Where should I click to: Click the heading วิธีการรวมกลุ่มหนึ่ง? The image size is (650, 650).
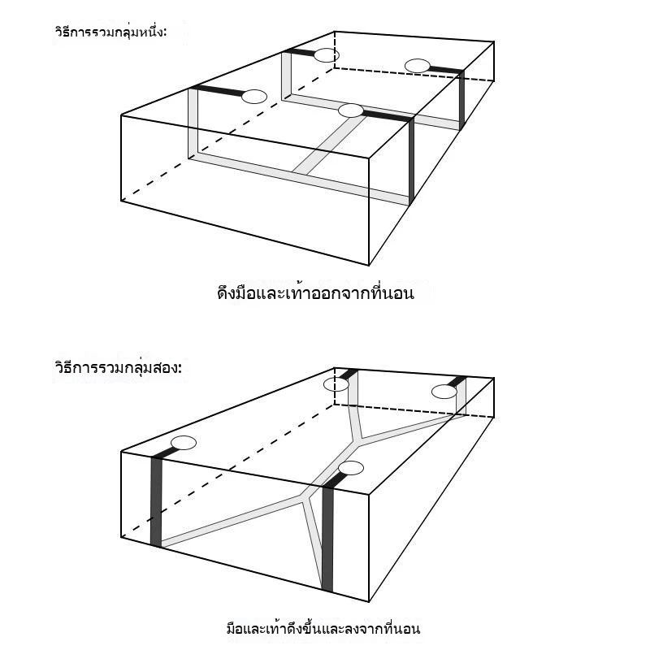click(110, 32)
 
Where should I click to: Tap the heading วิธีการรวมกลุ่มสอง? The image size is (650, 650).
click(118, 368)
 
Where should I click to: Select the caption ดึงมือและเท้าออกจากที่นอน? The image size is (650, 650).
click(315, 293)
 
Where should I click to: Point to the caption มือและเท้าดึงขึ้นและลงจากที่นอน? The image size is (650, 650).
click(323, 629)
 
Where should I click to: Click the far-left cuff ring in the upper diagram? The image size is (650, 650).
click(327, 55)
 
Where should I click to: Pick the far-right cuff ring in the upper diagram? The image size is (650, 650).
click(417, 66)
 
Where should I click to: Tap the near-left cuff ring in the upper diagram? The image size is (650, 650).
click(254, 97)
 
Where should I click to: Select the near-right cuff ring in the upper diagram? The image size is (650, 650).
click(351, 110)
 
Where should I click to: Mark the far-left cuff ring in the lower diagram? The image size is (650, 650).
click(336, 384)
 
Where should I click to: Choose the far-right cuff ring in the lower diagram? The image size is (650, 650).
click(444, 392)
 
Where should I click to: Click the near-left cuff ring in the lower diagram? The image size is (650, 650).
click(184, 443)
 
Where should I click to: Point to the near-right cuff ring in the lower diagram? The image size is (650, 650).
click(351, 468)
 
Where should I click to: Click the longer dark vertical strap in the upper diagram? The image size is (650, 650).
click(411, 162)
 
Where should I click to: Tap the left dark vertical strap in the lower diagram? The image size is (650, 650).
click(156, 501)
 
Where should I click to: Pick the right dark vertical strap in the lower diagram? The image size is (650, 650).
click(327, 539)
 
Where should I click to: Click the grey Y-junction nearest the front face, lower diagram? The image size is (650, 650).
click(306, 497)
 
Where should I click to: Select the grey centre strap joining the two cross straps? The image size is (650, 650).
click(330, 144)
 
